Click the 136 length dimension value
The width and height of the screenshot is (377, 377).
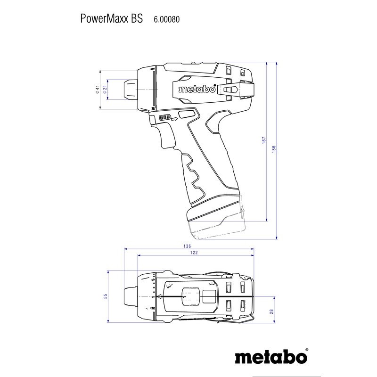point(188,246)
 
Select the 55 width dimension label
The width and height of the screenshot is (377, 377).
point(106,295)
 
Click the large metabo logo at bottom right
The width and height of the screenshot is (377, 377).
point(269,355)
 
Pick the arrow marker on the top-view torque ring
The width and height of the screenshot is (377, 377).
point(160,296)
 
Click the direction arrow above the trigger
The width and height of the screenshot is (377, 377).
point(174,119)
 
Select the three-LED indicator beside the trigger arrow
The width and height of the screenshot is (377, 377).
point(165,118)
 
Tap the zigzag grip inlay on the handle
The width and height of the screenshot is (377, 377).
point(192,174)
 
